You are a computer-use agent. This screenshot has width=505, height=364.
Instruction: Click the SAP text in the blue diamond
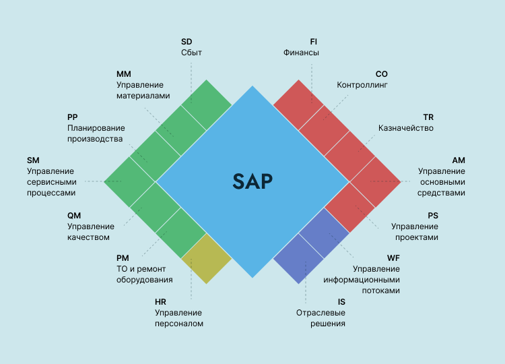(x=252, y=181)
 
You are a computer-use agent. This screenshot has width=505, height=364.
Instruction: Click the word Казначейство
(x=406, y=128)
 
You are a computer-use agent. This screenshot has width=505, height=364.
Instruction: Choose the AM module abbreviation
(x=459, y=160)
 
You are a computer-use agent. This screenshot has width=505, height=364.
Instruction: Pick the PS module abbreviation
(x=433, y=215)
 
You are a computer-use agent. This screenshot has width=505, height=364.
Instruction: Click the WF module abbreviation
(x=393, y=258)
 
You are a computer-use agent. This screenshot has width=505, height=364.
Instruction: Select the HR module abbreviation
(x=160, y=301)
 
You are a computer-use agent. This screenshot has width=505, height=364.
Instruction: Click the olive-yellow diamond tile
(x=207, y=258)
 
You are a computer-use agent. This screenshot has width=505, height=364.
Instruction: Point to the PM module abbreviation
(x=123, y=258)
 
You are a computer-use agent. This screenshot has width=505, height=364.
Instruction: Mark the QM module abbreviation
(x=74, y=215)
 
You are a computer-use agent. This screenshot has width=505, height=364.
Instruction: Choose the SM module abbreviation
(x=34, y=160)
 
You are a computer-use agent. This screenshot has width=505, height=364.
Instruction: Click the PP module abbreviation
(x=73, y=117)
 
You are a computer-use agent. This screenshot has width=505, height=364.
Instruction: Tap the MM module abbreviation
(x=123, y=74)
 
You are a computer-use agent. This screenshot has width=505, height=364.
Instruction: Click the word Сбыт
(x=192, y=53)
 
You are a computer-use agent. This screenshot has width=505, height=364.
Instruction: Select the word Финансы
(x=301, y=53)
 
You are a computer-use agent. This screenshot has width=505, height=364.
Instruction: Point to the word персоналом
(x=179, y=324)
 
